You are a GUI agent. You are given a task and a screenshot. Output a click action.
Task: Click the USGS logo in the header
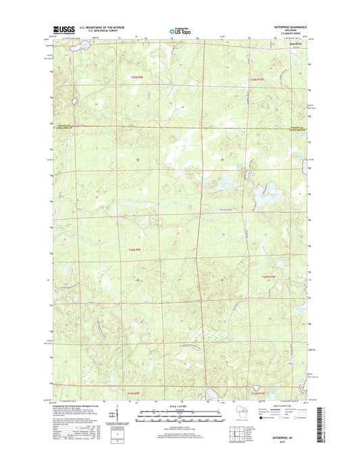coord(59,30)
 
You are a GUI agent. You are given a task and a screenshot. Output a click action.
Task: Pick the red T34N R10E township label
coord(269,277)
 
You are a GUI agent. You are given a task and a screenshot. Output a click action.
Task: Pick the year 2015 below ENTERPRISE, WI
coord(284,444)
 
